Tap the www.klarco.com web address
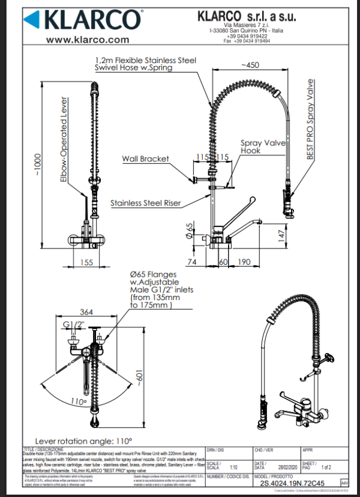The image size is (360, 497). (x=88, y=40)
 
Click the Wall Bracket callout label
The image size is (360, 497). (x=145, y=159)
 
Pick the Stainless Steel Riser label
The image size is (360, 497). (x=146, y=203)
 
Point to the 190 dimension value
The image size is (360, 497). (x=244, y=262)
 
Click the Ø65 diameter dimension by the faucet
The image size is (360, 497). (x=190, y=230)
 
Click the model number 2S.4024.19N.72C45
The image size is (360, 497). (x=293, y=482)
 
